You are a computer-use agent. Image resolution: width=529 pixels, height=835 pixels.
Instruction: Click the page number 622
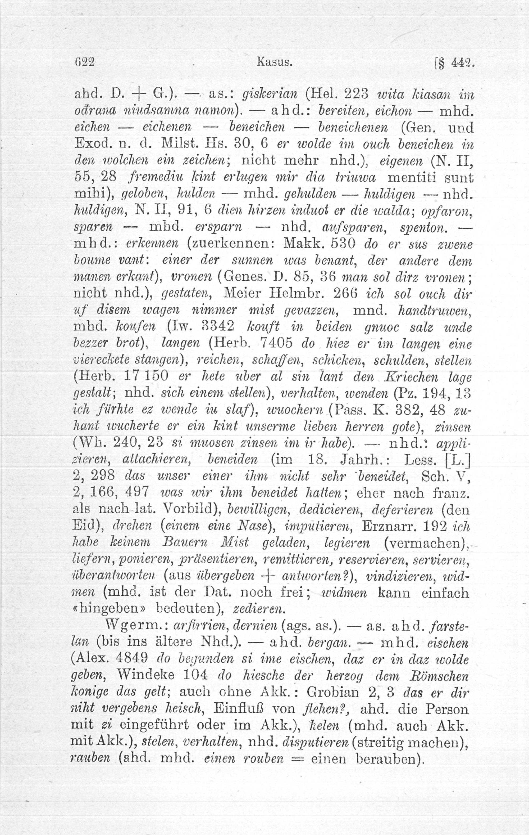pos(85,63)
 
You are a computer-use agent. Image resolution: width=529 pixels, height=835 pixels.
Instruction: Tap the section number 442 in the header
pos(462,64)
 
